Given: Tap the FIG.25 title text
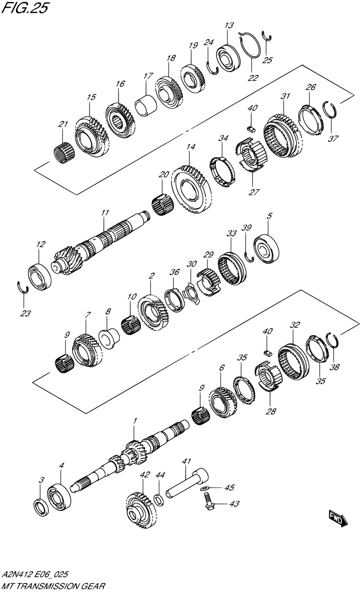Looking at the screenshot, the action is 25,8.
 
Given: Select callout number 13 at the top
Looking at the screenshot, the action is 229,25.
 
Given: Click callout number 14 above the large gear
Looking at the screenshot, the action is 191,147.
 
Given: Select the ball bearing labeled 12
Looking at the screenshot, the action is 39,276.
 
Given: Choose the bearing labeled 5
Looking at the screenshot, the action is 266,249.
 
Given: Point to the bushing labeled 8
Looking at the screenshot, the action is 109,339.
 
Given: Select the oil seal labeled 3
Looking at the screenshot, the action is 41,507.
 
